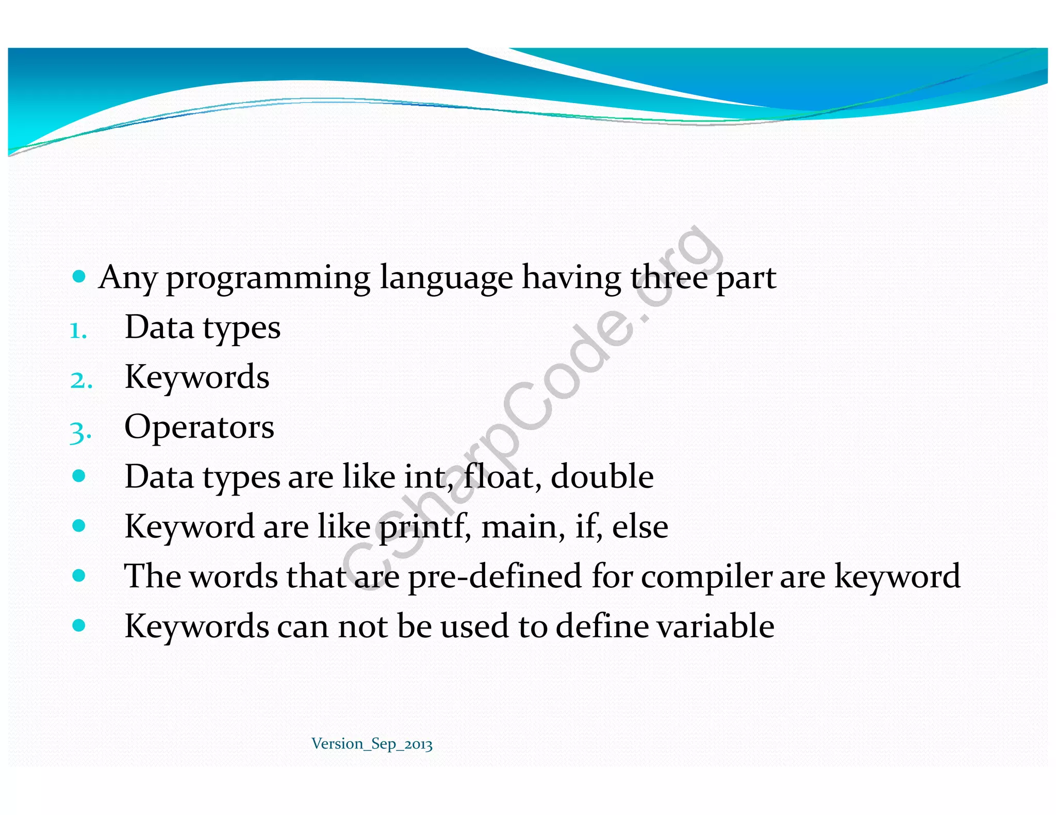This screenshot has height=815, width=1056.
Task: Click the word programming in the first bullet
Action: point(268,279)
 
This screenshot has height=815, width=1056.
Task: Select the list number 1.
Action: point(78,330)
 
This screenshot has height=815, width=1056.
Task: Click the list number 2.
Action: point(81,380)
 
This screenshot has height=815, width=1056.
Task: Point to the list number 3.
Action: point(80,431)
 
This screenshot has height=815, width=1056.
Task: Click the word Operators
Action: point(199,427)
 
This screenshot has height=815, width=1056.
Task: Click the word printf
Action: point(424,527)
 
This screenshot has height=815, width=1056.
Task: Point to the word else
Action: point(640,527)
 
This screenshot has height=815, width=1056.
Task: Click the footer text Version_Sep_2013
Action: point(372,743)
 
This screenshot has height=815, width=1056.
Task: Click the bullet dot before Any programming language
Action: point(79,277)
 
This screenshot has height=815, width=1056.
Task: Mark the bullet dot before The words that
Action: point(79,575)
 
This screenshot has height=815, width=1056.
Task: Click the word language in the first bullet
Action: point(446,279)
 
